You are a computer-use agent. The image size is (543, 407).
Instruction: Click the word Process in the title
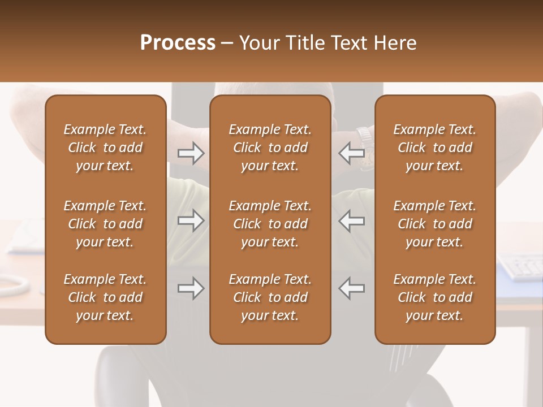[x=178, y=43]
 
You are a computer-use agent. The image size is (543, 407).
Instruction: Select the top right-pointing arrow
[x=191, y=153]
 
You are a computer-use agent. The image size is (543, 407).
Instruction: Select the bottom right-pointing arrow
[x=191, y=288]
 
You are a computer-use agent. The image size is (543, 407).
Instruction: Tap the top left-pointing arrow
[x=352, y=153]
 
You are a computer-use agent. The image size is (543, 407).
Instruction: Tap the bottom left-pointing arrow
[x=352, y=288]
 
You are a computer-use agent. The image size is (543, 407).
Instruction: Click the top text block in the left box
[x=105, y=148]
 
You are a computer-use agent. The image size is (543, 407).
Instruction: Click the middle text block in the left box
[x=105, y=224]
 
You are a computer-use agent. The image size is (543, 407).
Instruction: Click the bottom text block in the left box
[x=105, y=297]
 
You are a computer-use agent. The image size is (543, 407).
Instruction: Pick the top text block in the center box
[x=270, y=148]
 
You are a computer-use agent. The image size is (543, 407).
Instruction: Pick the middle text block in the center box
[x=270, y=224]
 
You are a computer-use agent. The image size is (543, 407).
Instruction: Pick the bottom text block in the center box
[x=270, y=297]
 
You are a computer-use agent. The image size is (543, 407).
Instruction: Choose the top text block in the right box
[x=434, y=148]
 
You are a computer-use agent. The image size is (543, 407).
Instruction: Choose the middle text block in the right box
[x=434, y=224]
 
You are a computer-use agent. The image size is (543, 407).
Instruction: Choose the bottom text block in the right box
[x=434, y=297]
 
